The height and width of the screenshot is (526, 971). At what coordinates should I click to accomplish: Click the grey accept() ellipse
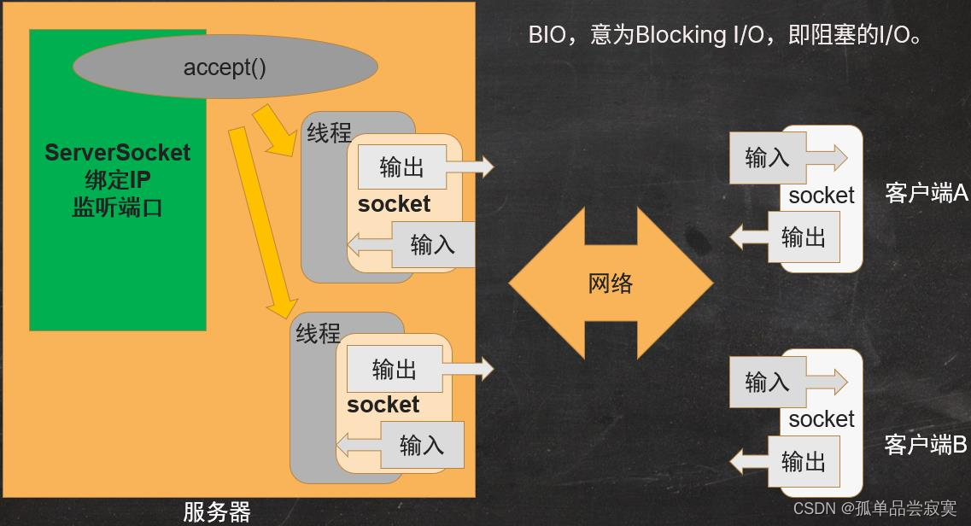tap(225, 67)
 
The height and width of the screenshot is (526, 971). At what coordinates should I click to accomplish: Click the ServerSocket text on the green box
tap(117, 153)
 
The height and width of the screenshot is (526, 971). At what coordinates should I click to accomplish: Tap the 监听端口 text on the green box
tap(117, 207)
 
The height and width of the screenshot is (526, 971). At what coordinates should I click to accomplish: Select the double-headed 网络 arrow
tap(611, 283)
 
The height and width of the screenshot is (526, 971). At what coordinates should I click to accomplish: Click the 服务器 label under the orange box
tap(217, 511)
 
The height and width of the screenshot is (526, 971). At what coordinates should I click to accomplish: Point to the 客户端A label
tap(927, 193)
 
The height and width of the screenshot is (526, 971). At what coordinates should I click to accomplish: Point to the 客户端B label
tap(926, 445)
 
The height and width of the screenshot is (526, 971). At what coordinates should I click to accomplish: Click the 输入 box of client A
tap(767, 158)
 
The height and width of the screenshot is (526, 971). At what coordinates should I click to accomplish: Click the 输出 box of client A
tap(803, 237)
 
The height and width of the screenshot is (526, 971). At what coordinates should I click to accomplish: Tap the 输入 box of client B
tap(767, 382)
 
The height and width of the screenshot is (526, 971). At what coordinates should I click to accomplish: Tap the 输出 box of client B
tap(803, 462)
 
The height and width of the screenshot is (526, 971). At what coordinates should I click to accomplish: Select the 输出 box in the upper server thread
tap(401, 167)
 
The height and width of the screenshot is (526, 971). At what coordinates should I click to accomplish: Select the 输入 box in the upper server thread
tap(432, 244)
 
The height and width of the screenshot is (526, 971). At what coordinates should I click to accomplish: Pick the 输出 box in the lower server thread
tap(394, 369)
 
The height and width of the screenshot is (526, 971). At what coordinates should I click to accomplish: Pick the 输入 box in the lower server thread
tap(421, 445)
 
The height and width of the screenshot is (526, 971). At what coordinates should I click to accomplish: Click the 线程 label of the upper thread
tap(329, 132)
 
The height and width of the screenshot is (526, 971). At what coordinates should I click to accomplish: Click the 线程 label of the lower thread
tap(318, 333)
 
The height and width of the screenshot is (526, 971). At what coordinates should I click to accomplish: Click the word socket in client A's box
tap(821, 196)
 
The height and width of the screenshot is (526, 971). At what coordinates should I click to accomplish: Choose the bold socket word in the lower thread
tap(383, 405)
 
